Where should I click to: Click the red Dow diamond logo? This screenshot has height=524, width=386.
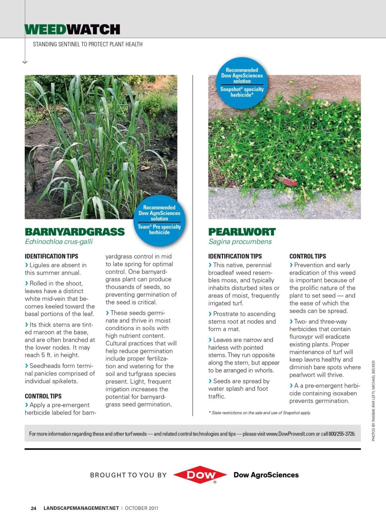pyautogui.click(x=200, y=474)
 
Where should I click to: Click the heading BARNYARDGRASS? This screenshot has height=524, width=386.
pyautogui.click(x=75, y=232)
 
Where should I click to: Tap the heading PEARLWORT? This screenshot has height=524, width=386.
pyautogui.click(x=242, y=232)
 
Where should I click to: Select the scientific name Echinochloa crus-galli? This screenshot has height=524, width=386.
pyautogui.click(x=59, y=242)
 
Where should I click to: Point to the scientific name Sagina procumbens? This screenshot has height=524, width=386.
pyautogui.click(x=240, y=242)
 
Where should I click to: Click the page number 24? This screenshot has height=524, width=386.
pyautogui.click(x=33, y=508)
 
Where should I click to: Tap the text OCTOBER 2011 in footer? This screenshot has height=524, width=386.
pyautogui.click(x=142, y=508)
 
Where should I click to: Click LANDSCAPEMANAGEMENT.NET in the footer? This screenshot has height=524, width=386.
pyautogui.click(x=81, y=508)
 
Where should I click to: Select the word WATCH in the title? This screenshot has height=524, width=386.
pyautogui.click(x=93, y=30)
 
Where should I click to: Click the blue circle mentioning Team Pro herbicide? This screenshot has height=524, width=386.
pyautogui.click(x=159, y=220)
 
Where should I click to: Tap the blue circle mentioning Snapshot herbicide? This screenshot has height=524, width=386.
pyautogui.click(x=242, y=82)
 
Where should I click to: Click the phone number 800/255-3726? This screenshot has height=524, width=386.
pyautogui.click(x=342, y=434)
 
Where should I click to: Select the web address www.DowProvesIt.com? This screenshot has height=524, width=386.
pyautogui.click(x=290, y=434)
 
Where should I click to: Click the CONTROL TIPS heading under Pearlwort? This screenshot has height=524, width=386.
pyautogui.click(x=308, y=256)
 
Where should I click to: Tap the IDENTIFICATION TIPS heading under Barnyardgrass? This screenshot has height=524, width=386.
pyautogui.click(x=51, y=256)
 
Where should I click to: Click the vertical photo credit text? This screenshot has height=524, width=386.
pyautogui.click(x=373, y=401)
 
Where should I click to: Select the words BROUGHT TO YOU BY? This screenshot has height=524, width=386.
pyautogui.click(x=128, y=475)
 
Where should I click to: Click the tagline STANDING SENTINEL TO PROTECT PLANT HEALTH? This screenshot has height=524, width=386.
pyautogui.click(x=87, y=44)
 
